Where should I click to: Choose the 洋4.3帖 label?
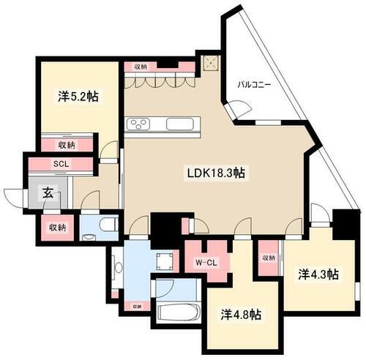[x=317, y=274]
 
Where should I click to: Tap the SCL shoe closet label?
[x=61, y=164]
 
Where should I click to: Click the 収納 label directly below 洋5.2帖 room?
[x=66, y=144]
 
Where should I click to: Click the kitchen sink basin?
[x=178, y=124]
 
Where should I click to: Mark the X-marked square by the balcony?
[x=212, y=63]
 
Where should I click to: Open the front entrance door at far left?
[x=14, y=198]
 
